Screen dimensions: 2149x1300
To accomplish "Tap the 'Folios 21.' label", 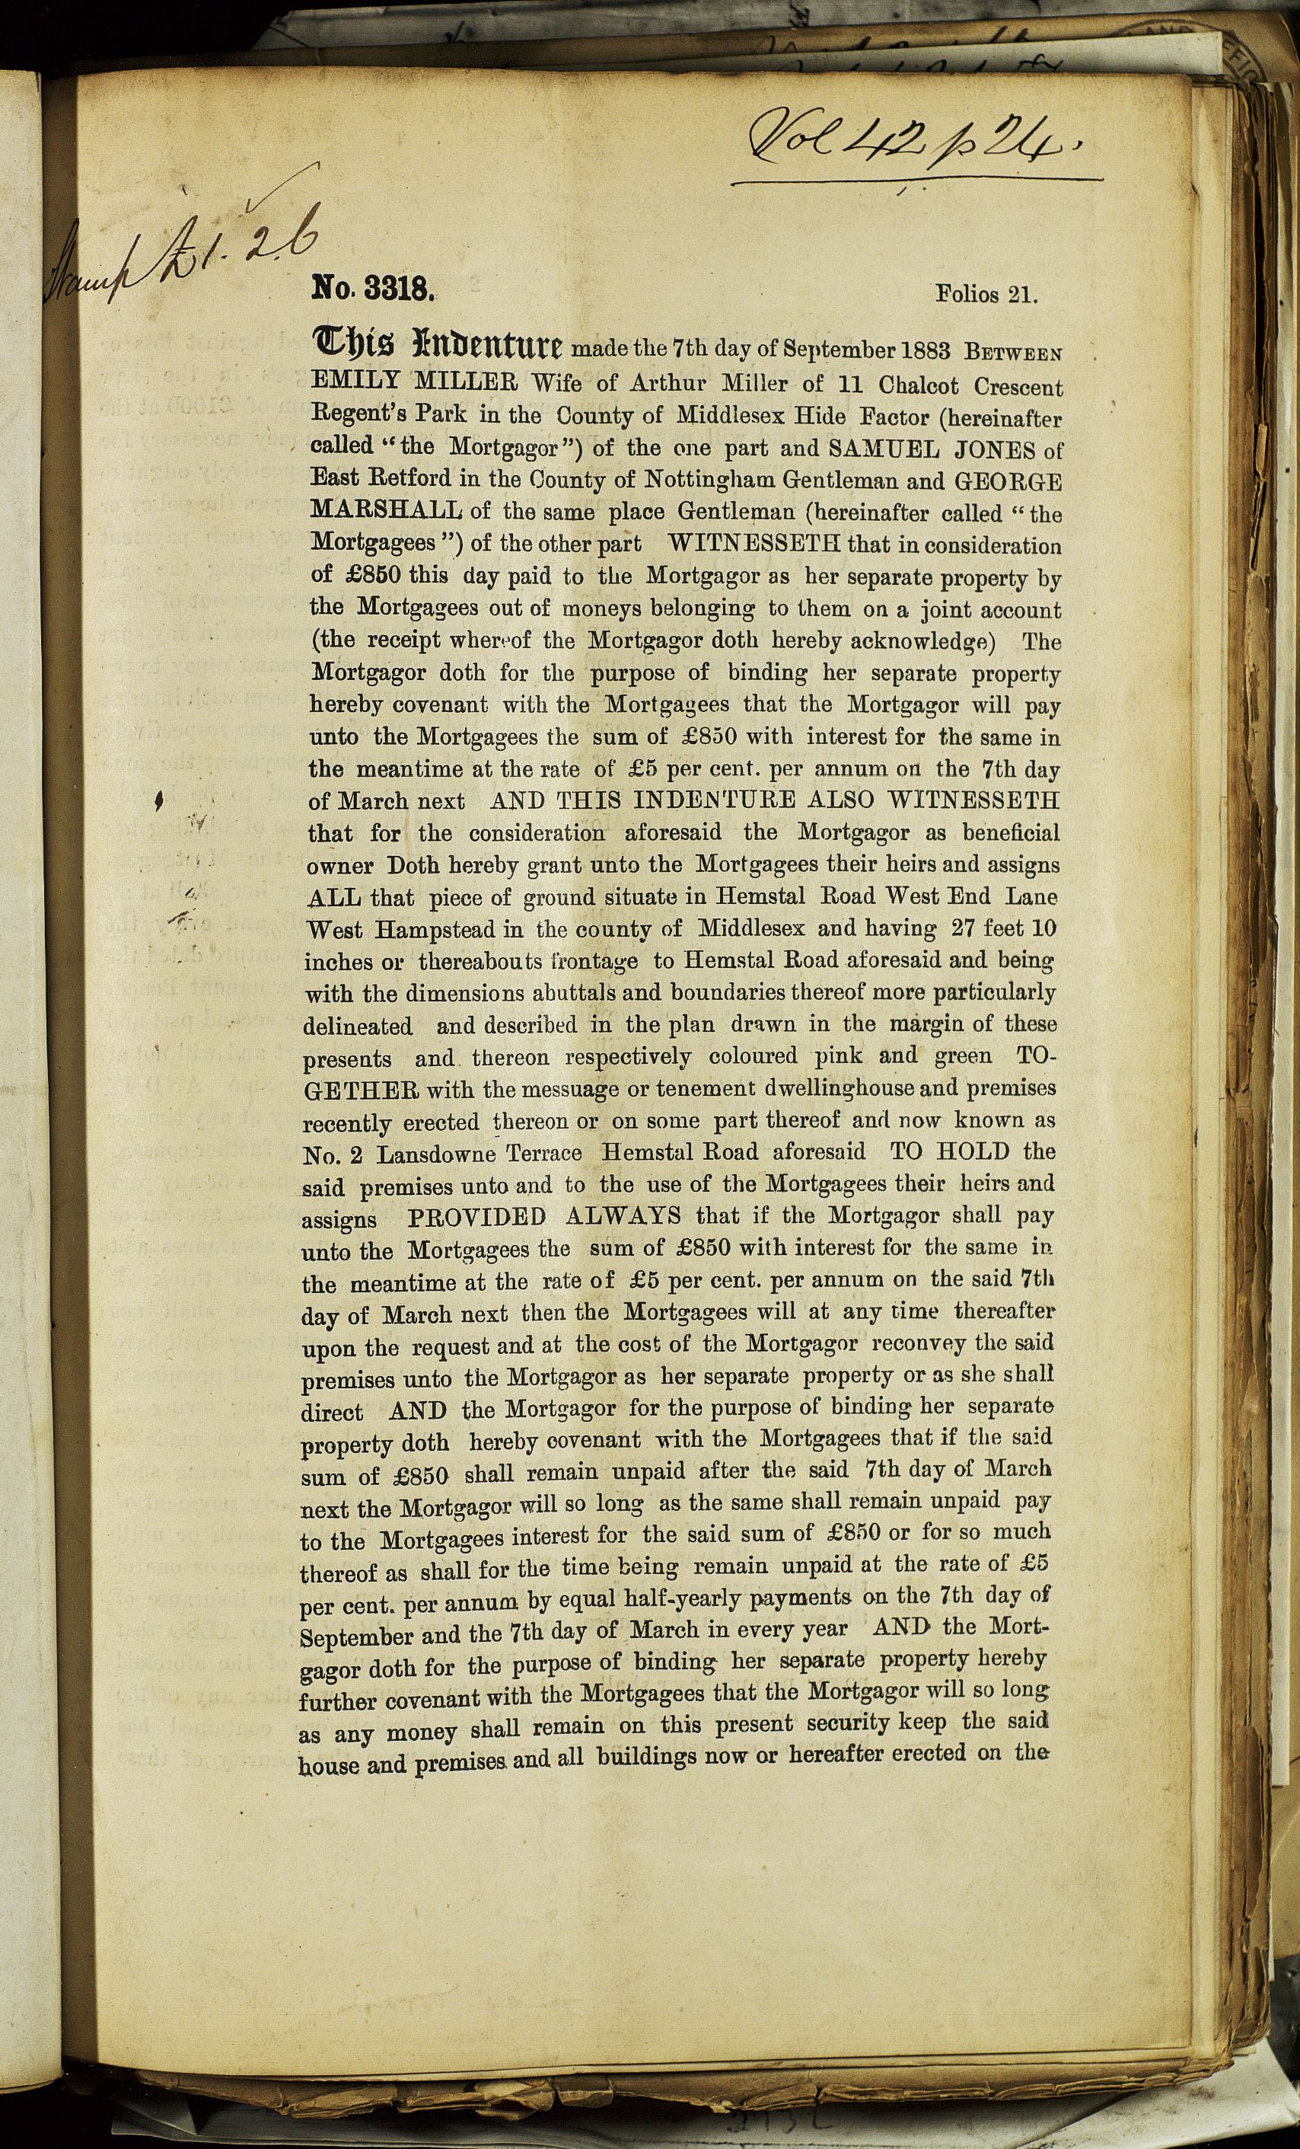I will coord(986,294).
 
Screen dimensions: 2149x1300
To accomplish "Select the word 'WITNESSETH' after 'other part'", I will coord(751,545).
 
